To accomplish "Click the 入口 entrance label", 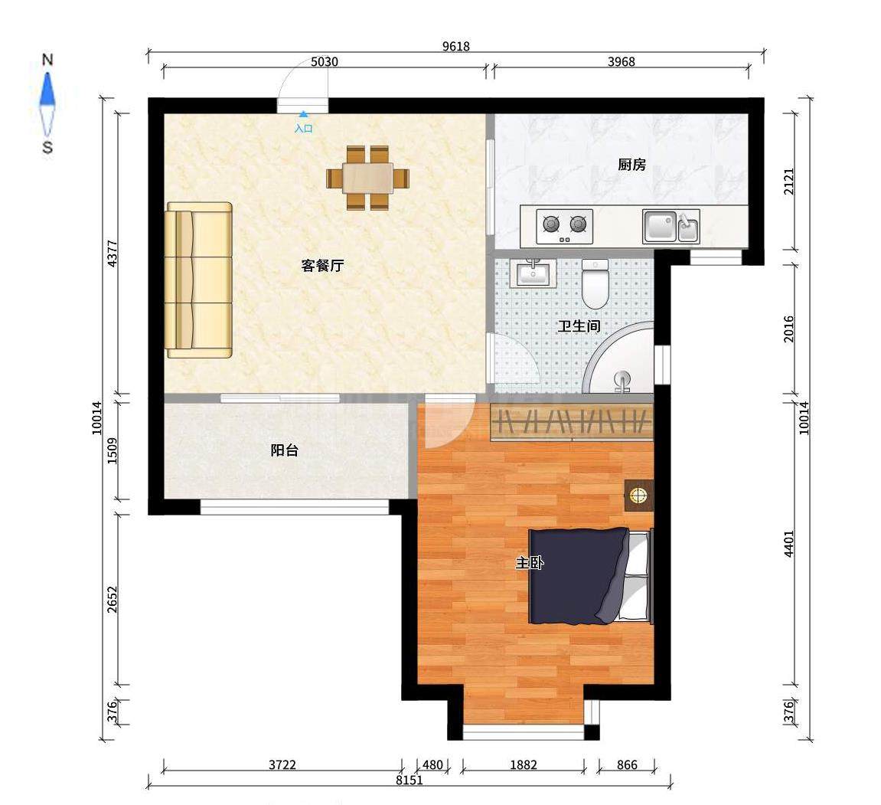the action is coord(303,129).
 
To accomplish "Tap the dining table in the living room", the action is coord(367,178).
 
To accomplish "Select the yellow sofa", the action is coord(199,280).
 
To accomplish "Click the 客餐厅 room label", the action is coord(322,266).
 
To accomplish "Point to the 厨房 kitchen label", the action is coord(631,165).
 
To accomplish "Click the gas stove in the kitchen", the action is coord(565,226).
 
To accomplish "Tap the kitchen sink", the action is coord(671,227).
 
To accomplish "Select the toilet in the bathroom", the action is coord(595,283).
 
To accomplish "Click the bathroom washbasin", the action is coord(533,273).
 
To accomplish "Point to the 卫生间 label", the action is coord(579,326).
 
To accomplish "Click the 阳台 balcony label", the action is coord(284,450).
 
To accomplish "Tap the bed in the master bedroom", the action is coord(591,576).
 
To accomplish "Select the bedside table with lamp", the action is coord(639,496).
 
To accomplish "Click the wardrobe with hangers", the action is coord(572,421).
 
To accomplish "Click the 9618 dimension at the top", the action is coord(455,47).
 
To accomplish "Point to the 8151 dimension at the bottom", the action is coord(409,780).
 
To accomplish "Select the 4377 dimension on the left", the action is coord(113,254).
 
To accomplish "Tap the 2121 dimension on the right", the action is coord(789,182).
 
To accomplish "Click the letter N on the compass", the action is coord(47,60).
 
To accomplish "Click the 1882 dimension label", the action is coord(523,764).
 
